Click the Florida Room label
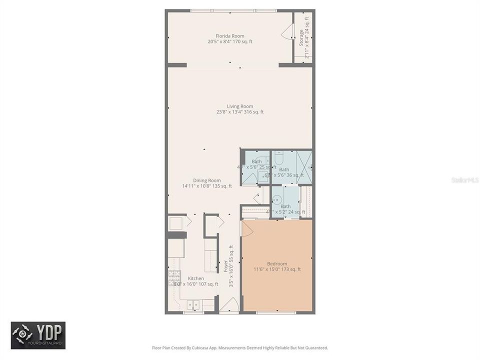point(229,36)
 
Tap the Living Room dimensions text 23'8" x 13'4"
point(239,112)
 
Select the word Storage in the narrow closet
point(301,38)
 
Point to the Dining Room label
point(207,180)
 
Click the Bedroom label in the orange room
point(277,263)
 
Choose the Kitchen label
point(195,278)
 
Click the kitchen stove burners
point(174,278)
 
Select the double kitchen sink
point(193,303)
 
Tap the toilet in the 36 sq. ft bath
point(279,157)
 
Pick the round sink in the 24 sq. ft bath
point(277,198)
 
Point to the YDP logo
point(38,335)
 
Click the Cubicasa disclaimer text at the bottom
point(239,347)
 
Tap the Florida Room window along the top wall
point(233,10)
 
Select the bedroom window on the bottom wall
point(276,312)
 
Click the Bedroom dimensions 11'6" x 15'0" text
point(277,269)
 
